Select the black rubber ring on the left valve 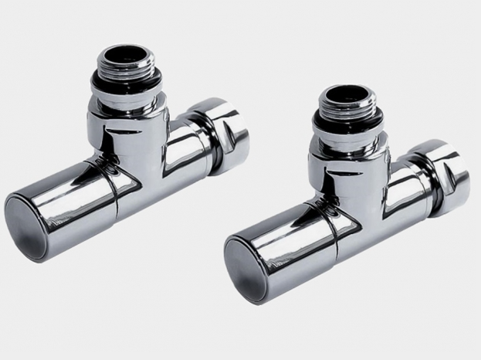(x=126, y=81)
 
